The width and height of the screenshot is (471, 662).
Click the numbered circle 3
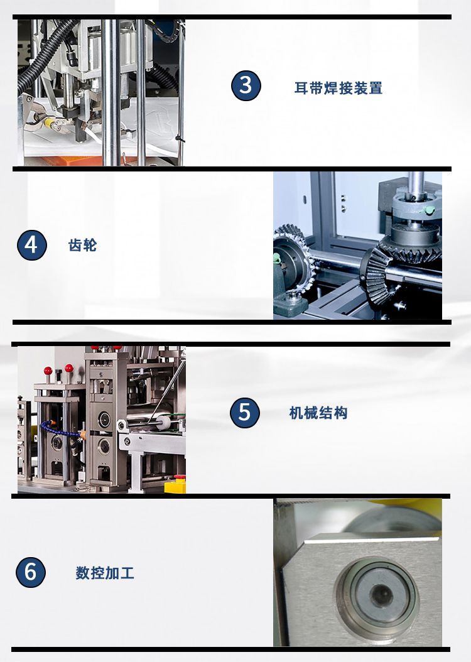[246, 85]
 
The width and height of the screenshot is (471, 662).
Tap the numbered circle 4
[32, 245]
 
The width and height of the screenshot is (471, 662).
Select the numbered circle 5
[245, 413]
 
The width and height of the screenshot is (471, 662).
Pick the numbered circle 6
[31, 572]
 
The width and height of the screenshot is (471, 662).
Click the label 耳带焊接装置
[338, 88]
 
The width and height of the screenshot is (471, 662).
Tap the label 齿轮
[83, 246]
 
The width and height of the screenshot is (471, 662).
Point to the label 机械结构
[318, 413]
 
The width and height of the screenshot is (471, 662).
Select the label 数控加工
[105, 573]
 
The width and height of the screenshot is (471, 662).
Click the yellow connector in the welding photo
[48, 122]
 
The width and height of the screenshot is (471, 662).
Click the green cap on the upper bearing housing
[429, 210]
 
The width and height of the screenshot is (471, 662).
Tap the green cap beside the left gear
[277, 258]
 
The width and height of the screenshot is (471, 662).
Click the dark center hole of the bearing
[382, 595]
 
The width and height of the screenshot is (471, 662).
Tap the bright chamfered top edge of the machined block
[371, 538]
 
